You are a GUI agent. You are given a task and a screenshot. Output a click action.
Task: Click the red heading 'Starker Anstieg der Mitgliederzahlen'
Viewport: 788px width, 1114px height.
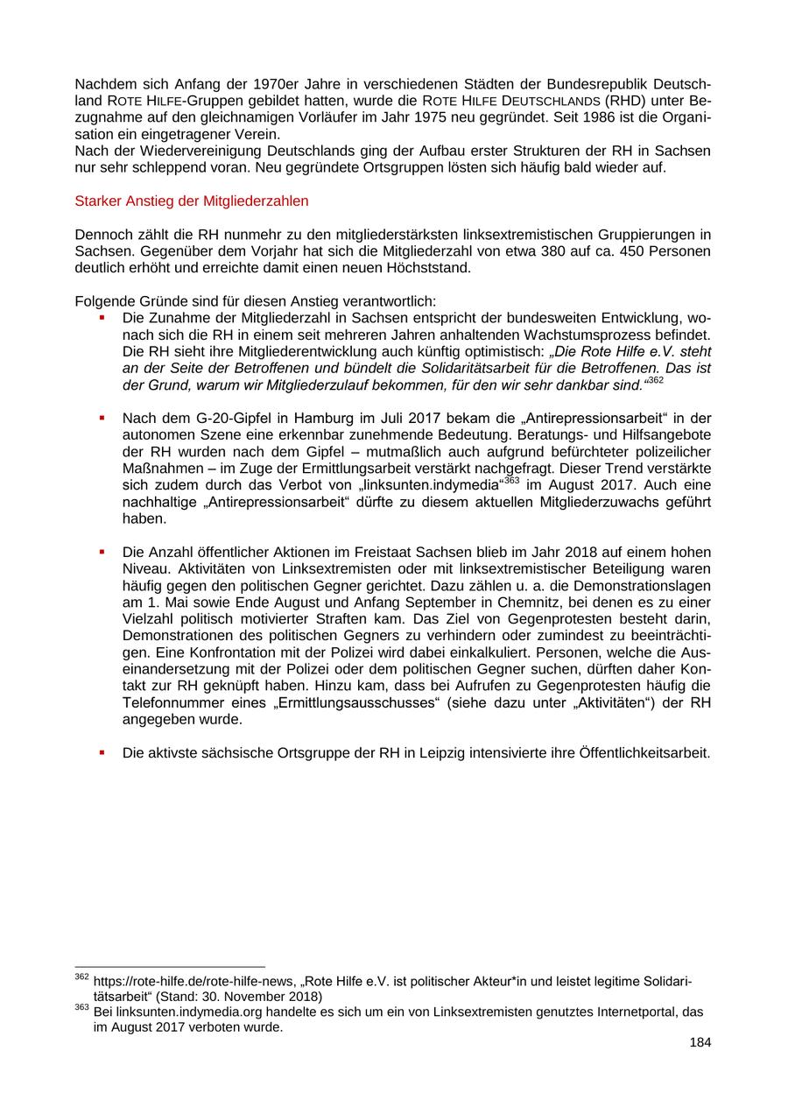click(192, 201)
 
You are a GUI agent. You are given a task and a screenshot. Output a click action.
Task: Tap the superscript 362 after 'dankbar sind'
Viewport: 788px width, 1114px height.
click(656, 381)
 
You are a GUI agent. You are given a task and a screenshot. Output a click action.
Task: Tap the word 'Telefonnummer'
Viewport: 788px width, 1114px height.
click(168, 703)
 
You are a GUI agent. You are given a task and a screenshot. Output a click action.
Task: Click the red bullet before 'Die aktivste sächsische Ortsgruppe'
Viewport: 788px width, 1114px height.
click(102, 752)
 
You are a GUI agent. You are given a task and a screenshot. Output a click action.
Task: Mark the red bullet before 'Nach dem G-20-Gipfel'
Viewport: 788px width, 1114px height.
click(102, 418)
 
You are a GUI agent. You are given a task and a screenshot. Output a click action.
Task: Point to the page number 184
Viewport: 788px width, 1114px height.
click(700, 1042)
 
